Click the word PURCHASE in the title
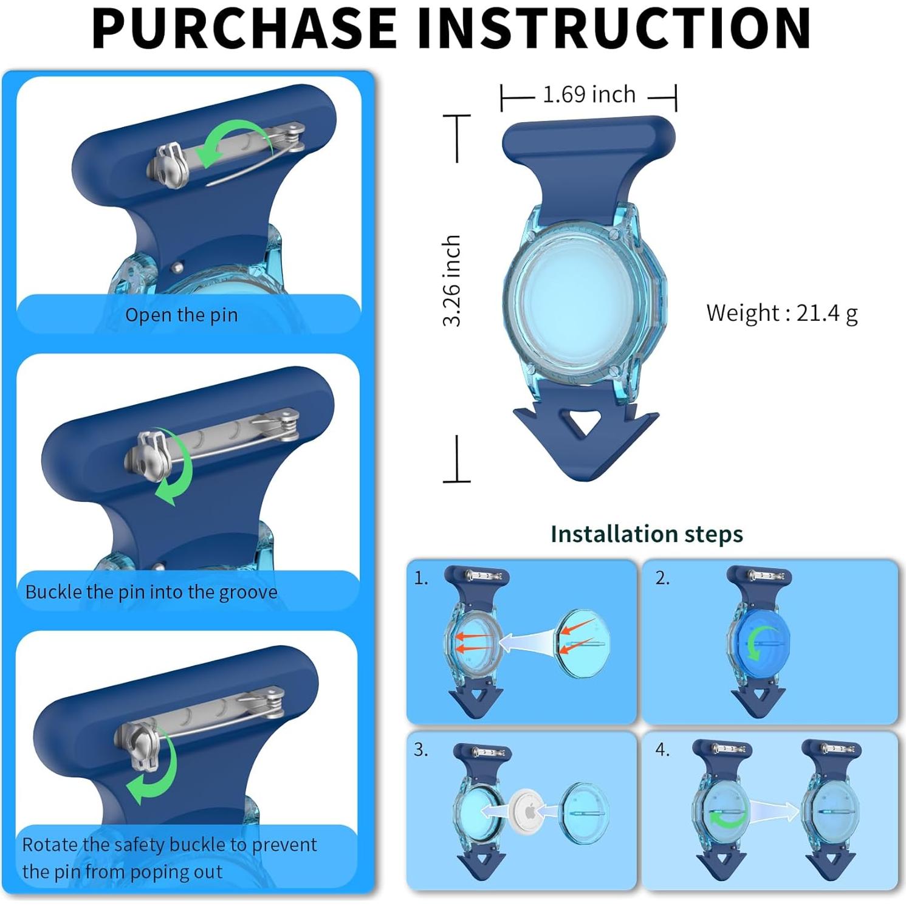pos(244,29)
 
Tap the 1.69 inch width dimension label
pos(589,95)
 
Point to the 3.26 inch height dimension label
pos(451,281)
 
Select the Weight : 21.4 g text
pos(781,313)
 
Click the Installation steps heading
pos(647,534)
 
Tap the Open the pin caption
pos(181,315)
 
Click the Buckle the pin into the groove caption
pos(151,592)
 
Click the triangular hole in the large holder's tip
pos(584,421)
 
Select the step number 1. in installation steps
pos(421,578)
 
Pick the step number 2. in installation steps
pos(662,578)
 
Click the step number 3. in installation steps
pos(421,750)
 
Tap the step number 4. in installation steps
pos(662,750)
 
